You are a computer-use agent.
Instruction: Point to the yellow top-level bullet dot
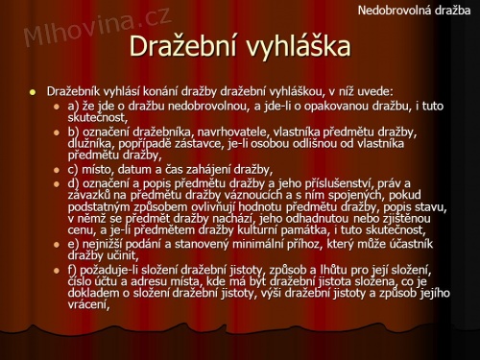tap(31, 91)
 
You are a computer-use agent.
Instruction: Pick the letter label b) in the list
tap(74, 132)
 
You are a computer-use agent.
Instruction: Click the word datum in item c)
tap(137, 168)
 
